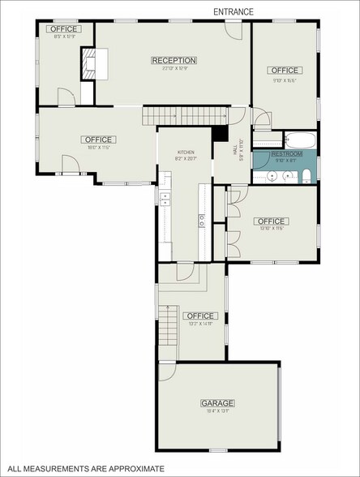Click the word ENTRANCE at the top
(234, 11)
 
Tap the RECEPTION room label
(174, 60)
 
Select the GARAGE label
(217, 403)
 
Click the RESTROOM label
(286, 153)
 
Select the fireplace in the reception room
(91, 63)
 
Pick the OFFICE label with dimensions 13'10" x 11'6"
(271, 221)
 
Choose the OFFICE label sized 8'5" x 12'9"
(64, 29)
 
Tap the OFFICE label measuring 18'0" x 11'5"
(97, 140)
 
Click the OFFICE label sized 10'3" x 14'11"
(199, 316)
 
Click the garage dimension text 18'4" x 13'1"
(217, 411)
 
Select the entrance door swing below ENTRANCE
(233, 31)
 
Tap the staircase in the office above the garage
(167, 324)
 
